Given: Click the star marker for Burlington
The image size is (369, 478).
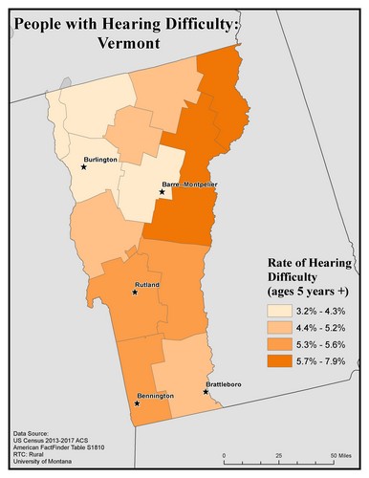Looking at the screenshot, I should [83, 166].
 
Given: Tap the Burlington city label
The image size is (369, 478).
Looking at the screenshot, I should [98, 160].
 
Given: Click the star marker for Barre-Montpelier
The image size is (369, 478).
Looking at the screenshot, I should [162, 192].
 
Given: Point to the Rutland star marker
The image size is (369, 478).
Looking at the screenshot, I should [135, 293].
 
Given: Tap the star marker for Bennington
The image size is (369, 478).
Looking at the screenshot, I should [137, 403].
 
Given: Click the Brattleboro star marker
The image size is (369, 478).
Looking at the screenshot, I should [206, 391].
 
